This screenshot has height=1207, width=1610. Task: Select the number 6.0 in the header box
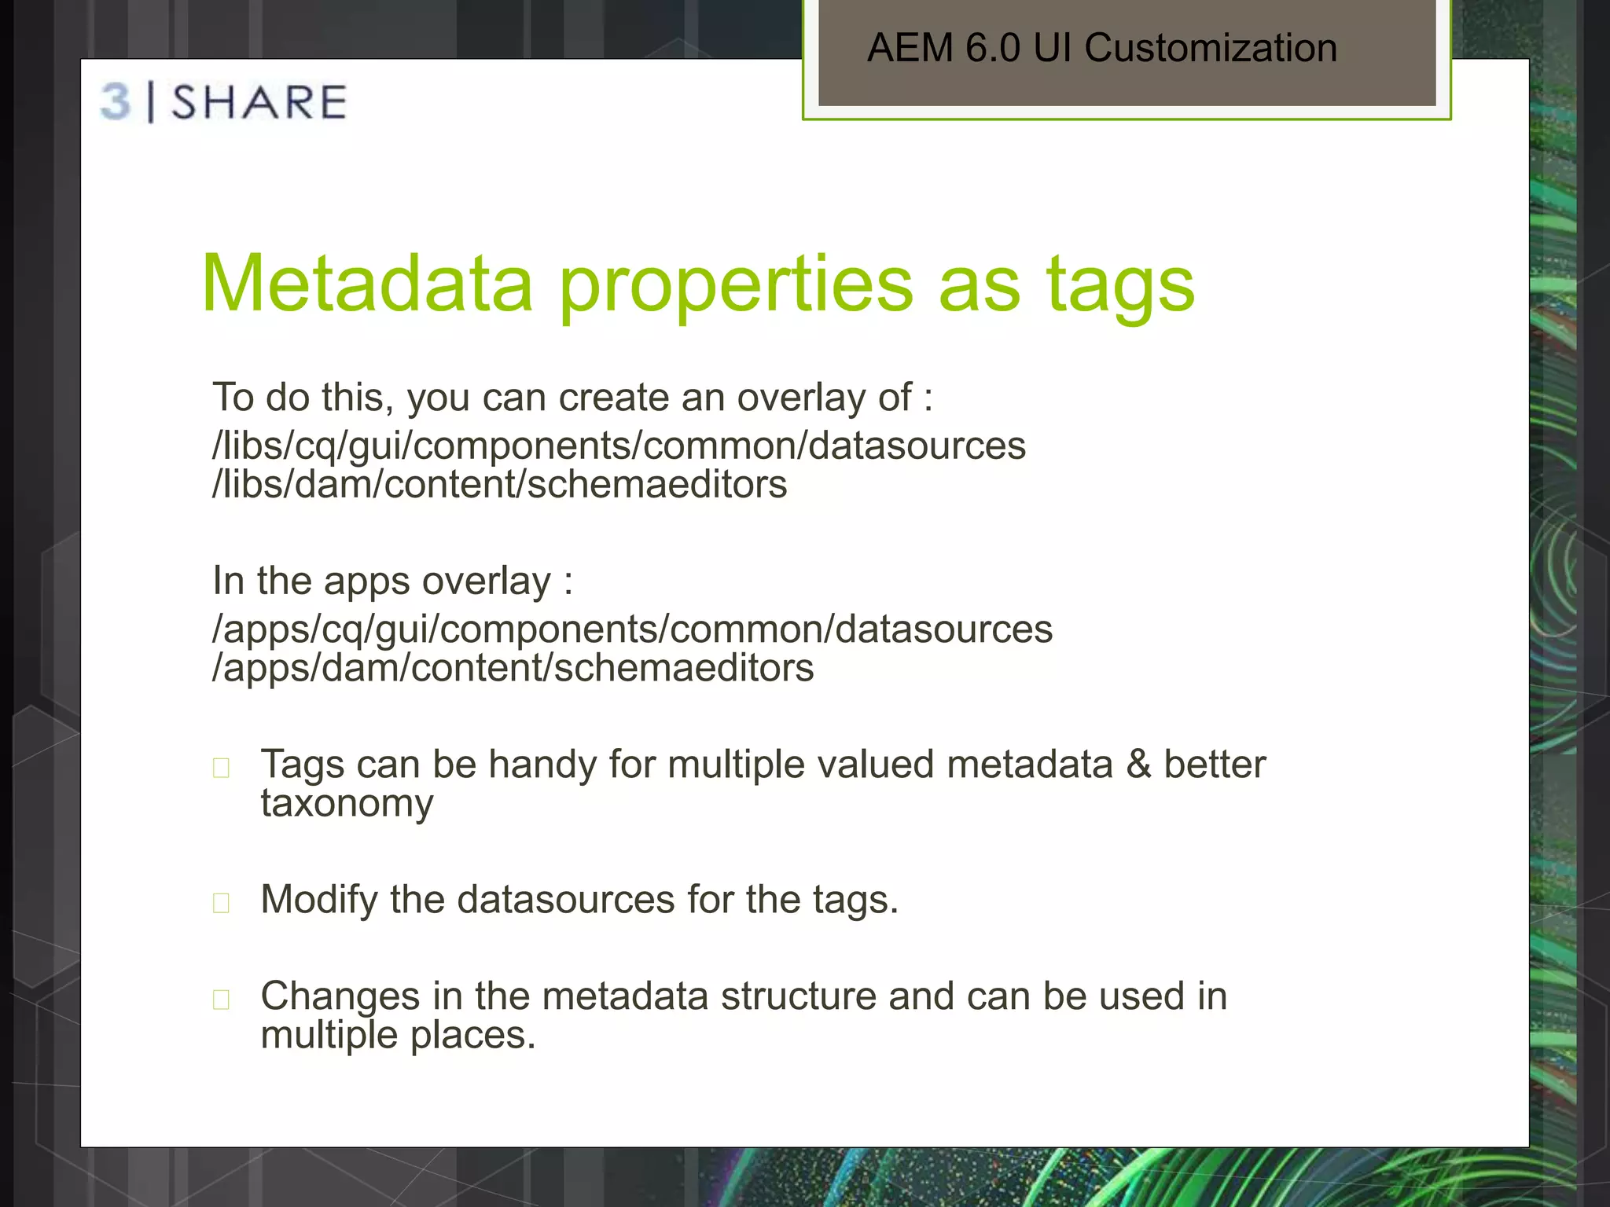pos(993,48)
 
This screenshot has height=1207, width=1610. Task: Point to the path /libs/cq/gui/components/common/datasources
pos(619,446)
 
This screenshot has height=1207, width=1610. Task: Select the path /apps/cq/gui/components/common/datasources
pos(632,629)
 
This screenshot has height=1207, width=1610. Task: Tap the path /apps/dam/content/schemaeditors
pos(513,668)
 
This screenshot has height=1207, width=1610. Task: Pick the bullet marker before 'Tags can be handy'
pos(222,767)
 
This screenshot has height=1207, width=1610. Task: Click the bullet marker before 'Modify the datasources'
pos(222,902)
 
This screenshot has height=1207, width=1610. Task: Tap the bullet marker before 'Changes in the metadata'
pos(222,999)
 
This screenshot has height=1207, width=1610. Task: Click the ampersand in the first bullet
pos(1138,765)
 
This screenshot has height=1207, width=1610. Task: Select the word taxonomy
pos(347,804)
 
